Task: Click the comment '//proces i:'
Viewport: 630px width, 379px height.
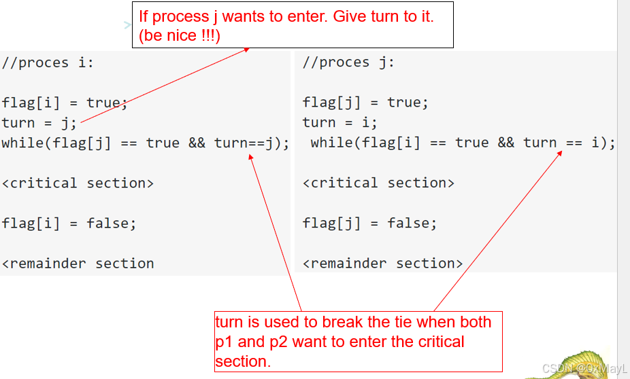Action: tap(48, 63)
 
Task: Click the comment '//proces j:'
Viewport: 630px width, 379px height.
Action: tap(348, 62)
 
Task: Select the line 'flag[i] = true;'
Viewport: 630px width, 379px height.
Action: tap(64, 103)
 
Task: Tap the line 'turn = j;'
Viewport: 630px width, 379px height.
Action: tap(39, 123)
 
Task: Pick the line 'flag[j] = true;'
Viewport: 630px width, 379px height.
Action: tap(365, 103)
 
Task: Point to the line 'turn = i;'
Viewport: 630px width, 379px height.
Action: tap(339, 122)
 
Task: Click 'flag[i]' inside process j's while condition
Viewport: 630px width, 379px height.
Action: tap(391, 143)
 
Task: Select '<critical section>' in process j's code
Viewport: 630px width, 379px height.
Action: tap(378, 183)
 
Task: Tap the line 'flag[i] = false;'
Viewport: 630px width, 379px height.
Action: tap(69, 223)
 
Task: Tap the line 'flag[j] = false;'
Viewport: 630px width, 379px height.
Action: tap(369, 223)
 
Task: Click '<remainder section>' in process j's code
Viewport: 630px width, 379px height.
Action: tap(382, 264)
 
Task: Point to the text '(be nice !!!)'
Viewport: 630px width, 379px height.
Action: tap(179, 36)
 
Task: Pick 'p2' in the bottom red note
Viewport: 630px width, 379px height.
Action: tap(278, 342)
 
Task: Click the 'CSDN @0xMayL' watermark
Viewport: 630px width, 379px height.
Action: tap(584, 368)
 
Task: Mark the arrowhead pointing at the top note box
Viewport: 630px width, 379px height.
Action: tap(247, 50)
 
